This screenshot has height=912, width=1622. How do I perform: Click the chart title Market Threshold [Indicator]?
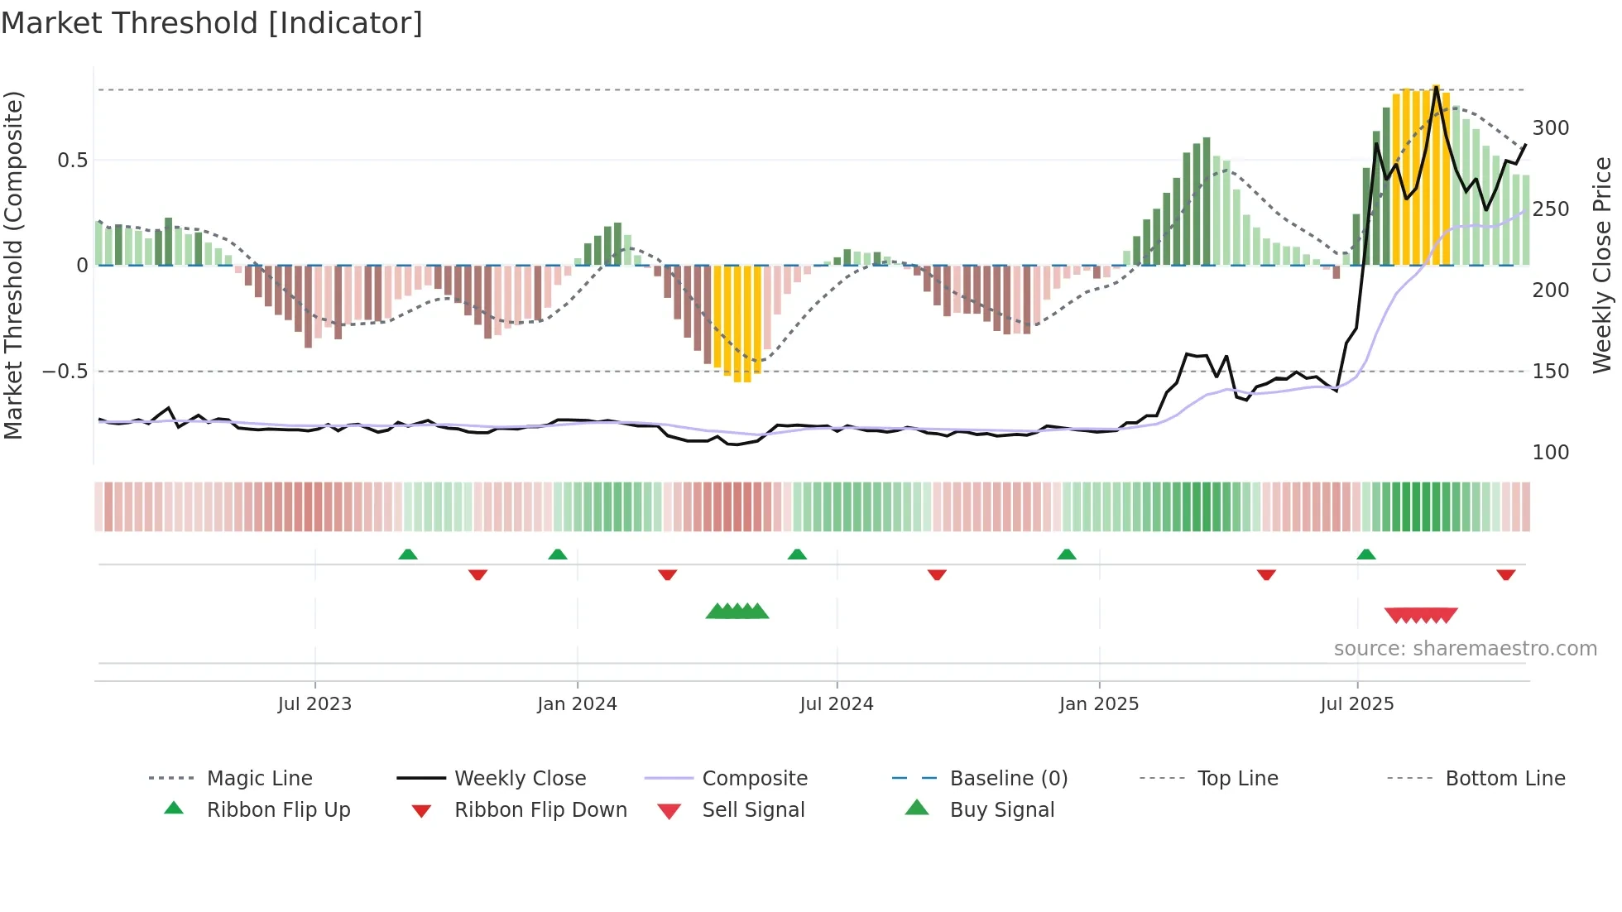pyautogui.click(x=212, y=23)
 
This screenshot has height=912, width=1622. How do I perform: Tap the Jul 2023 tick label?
pyautogui.click(x=314, y=704)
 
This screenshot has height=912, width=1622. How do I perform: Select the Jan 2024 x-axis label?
pyautogui.click(x=577, y=704)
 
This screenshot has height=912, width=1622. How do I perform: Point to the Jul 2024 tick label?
pyautogui.click(x=837, y=704)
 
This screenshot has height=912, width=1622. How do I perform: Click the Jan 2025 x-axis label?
pyautogui.click(x=1099, y=704)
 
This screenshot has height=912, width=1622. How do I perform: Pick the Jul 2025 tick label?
pyautogui.click(x=1357, y=704)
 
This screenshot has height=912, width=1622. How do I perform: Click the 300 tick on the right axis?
pyautogui.click(x=1551, y=128)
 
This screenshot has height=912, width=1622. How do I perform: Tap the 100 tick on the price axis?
pyautogui.click(x=1551, y=453)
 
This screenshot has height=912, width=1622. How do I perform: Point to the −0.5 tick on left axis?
pyautogui.click(x=65, y=372)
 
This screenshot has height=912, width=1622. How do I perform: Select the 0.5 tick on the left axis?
pyautogui.click(x=72, y=161)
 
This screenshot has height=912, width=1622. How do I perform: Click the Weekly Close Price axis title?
pyautogui.click(x=1602, y=265)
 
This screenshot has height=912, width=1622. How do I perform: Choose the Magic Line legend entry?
pyautogui.click(x=259, y=779)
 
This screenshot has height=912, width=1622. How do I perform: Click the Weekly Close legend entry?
pyautogui.click(x=520, y=779)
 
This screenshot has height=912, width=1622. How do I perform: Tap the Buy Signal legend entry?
pyautogui.click(x=1001, y=810)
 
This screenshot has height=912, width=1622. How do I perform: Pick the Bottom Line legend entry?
pyautogui.click(x=1504, y=779)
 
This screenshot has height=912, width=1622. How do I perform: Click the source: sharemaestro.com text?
pyautogui.click(x=1465, y=649)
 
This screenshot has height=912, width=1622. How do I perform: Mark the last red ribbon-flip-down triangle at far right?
pyautogui.click(x=1506, y=574)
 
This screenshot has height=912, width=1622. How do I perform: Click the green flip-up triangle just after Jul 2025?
pyautogui.click(x=1366, y=554)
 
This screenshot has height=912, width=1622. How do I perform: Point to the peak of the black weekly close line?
pyautogui.click(x=1437, y=86)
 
